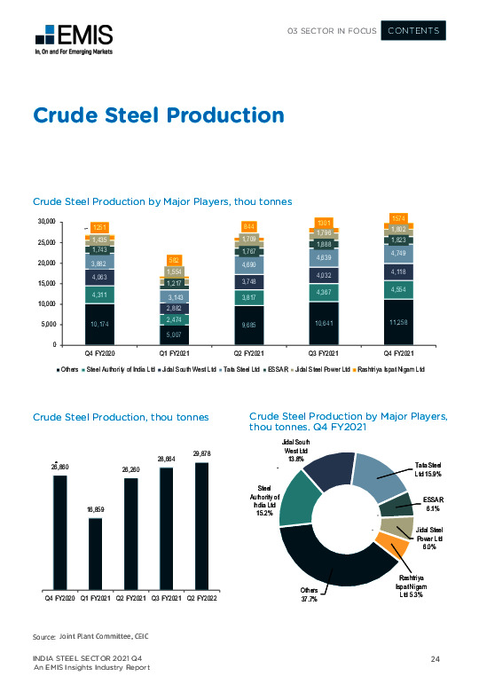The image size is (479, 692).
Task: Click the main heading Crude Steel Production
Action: click(x=158, y=115)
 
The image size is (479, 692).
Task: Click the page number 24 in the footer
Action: click(x=436, y=657)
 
